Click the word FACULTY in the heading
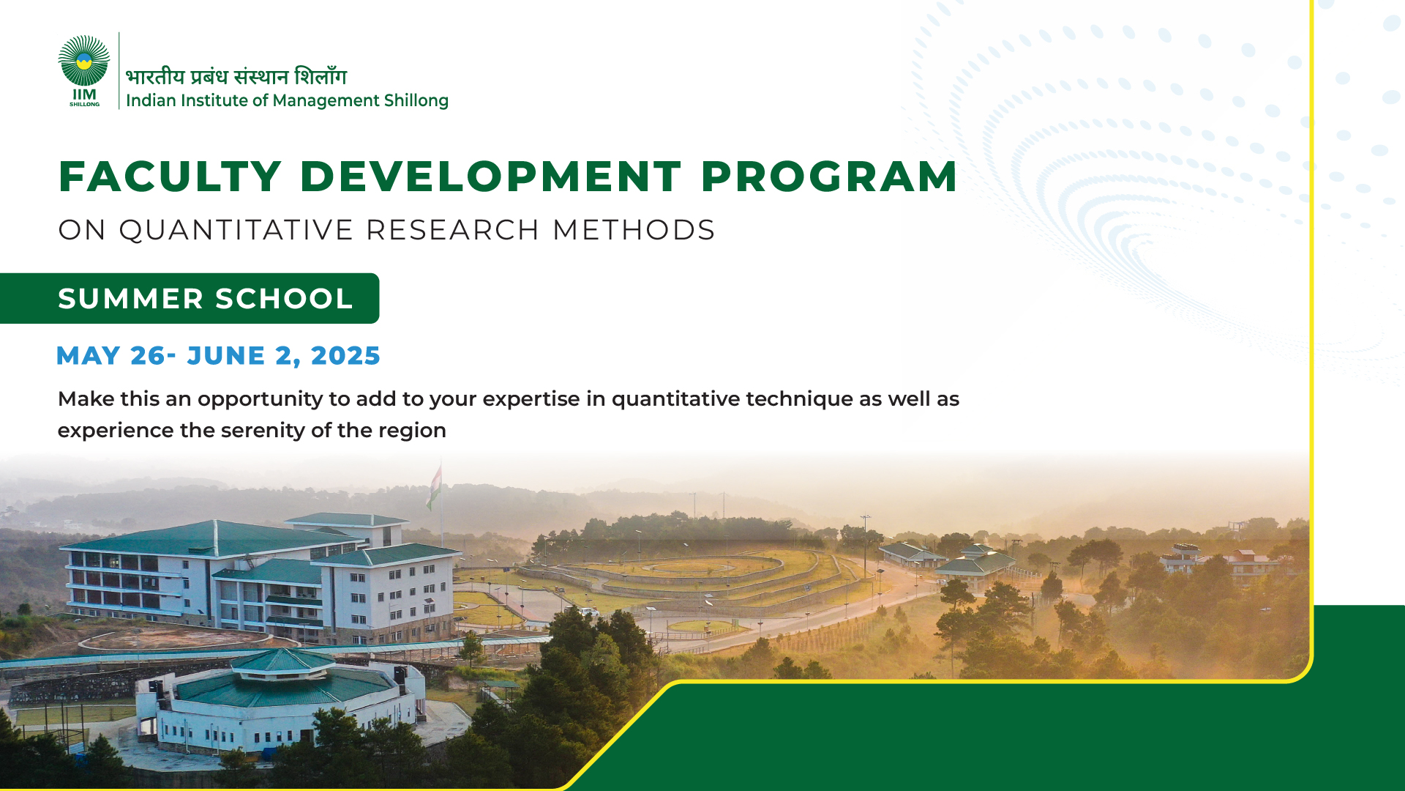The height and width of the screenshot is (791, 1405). pyautogui.click(x=171, y=177)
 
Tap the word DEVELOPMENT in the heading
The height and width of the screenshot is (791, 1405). pyautogui.click(x=491, y=177)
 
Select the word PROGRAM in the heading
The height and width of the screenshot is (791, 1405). pyautogui.click(x=829, y=177)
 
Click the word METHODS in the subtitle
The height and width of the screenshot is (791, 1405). pyautogui.click(x=634, y=230)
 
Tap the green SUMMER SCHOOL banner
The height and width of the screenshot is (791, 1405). pyautogui.click(x=190, y=298)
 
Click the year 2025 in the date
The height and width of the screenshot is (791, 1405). pyautogui.click(x=345, y=356)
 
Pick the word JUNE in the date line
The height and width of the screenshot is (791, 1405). pyautogui.click(x=226, y=356)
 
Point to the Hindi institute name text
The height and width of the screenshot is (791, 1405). pyautogui.click(x=236, y=75)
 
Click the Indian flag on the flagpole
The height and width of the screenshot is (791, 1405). pyautogui.click(x=434, y=486)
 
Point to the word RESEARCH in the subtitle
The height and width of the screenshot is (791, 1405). pyautogui.click(x=453, y=230)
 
